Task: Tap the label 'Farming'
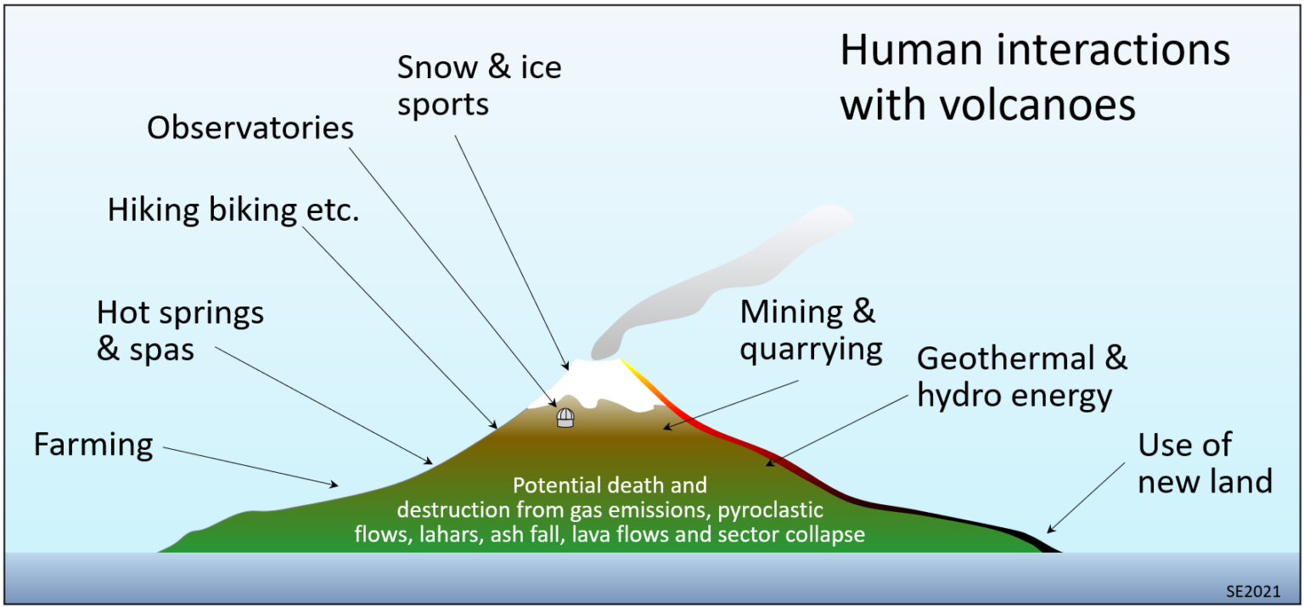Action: pyautogui.click(x=93, y=444)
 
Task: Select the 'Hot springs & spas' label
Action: pyautogui.click(x=180, y=330)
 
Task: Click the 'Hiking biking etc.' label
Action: pyautogui.click(x=233, y=210)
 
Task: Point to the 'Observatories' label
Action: pyautogui.click(x=250, y=128)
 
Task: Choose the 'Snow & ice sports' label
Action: pyautogui.click(x=479, y=86)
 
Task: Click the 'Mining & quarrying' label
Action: pyautogui.click(x=811, y=329)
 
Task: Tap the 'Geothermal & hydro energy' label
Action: pyautogui.click(x=1022, y=377)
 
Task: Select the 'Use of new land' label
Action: pyautogui.click(x=1205, y=463)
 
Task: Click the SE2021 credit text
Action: pyautogui.click(x=1253, y=591)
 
